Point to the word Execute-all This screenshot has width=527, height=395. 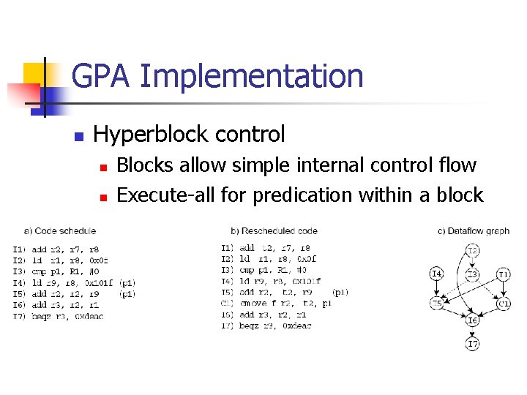point(171,195)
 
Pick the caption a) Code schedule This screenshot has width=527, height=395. point(61,231)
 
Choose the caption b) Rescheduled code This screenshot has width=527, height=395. point(274,231)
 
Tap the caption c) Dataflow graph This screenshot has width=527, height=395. point(474,231)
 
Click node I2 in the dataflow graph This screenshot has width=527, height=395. point(474,251)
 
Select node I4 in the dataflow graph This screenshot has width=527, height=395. point(436,274)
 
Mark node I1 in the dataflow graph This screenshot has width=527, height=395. point(504,274)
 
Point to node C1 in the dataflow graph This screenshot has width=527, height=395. point(504,303)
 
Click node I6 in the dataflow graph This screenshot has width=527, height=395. point(474,320)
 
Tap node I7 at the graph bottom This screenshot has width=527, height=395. point(474,343)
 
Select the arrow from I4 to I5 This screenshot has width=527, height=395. point(436,289)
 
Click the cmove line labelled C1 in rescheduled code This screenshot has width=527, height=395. point(278,302)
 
